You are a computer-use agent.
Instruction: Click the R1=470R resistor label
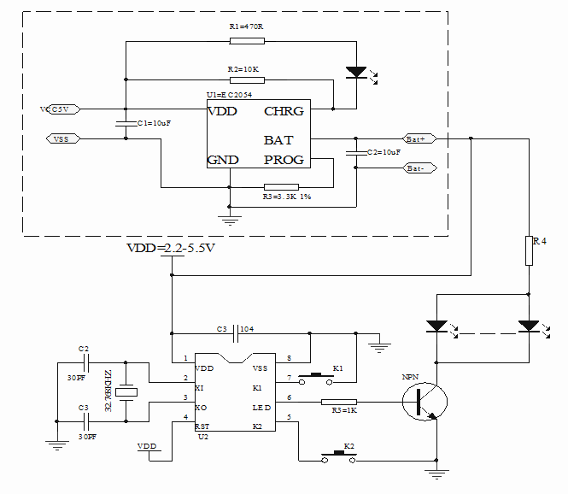tap(246, 27)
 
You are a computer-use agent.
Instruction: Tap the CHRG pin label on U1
tap(284, 111)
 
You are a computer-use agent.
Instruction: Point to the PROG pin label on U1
tap(284, 161)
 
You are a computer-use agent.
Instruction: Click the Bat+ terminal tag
tap(419, 138)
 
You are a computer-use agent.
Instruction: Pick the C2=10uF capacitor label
tap(383, 151)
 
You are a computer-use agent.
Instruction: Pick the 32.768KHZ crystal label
tap(108, 391)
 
